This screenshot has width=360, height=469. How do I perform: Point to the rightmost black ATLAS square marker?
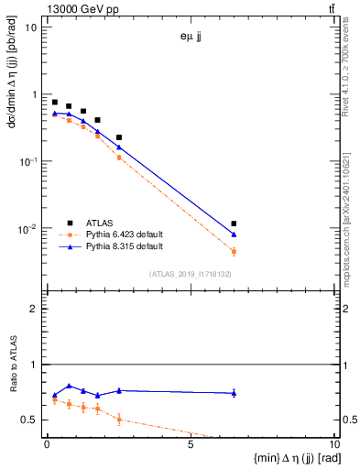235,224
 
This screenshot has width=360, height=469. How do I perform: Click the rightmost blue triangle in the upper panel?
235,234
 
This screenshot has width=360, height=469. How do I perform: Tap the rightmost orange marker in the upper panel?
235,251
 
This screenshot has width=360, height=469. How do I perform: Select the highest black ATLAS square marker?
55,103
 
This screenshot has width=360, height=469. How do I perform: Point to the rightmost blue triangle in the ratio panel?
235,393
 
